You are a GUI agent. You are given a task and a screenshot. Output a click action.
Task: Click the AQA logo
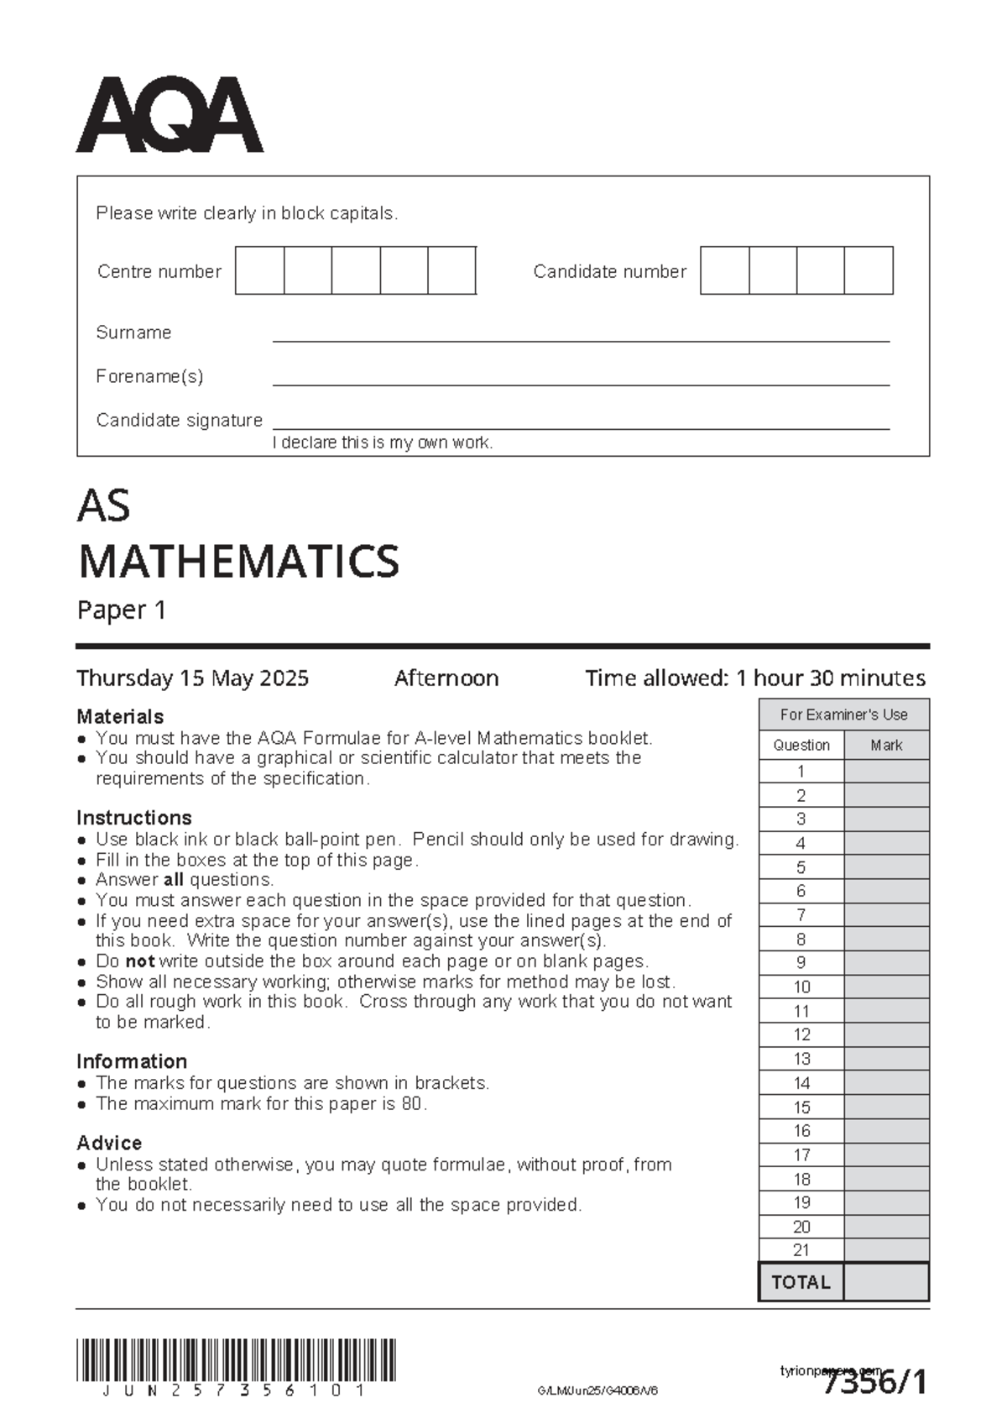tap(170, 115)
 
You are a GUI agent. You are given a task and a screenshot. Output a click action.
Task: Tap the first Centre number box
tap(259, 270)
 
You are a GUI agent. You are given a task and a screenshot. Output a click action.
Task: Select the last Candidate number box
tap(869, 270)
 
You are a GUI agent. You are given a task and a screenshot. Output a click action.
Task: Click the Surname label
tap(133, 332)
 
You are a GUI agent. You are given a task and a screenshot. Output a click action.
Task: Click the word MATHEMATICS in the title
tap(238, 561)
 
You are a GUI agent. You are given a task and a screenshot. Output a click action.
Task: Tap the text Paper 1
tap(122, 610)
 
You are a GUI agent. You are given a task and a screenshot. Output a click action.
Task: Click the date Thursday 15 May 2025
tap(192, 678)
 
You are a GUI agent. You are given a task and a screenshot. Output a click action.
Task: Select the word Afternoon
tap(446, 678)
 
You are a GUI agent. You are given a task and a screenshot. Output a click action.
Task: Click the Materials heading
tap(120, 716)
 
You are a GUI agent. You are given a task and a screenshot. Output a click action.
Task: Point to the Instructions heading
tap(134, 817)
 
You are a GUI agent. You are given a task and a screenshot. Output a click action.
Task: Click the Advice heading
tap(109, 1143)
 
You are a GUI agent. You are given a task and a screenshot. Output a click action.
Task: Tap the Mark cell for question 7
tap(886, 915)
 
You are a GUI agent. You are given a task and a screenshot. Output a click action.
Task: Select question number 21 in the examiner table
tap(801, 1250)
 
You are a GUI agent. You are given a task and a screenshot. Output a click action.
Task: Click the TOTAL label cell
tap(801, 1282)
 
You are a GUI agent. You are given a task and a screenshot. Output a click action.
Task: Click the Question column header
tap(801, 745)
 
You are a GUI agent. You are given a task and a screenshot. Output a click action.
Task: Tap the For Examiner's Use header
tap(843, 715)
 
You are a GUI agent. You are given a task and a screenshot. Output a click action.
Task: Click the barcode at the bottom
tap(236, 1361)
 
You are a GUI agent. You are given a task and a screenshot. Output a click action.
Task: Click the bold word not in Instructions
tap(139, 961)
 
